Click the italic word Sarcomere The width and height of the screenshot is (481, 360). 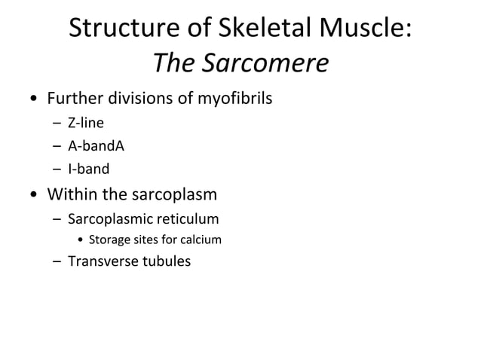[263, 65]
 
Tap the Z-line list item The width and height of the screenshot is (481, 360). [85, 123]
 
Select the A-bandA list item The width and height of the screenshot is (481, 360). [96, 146]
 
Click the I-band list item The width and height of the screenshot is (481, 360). [88, 169]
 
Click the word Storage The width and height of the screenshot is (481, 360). [109, 240]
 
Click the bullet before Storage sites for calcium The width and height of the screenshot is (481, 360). [81, 241]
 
